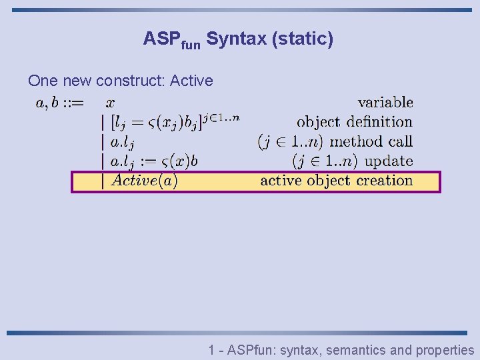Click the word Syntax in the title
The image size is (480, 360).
tap(236, 39)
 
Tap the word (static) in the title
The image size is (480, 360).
tap(303, 39)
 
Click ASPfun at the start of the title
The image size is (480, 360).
tap(172, 40)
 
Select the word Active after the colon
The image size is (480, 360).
tap(191, 81)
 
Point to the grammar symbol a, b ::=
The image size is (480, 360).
tap(59, 103)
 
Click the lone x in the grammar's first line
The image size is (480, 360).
tap(111, 103)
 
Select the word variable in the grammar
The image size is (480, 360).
tap(385, 102)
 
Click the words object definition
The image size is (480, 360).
tap(355, 121)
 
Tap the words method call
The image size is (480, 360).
tap(371, 141)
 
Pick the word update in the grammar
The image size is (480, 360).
tap(389, 161)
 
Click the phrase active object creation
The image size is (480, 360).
tap(336, 181)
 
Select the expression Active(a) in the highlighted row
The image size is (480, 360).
tap(144, 181)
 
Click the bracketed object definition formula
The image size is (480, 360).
tap(175, 121)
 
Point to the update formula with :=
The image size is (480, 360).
tap(155, 161)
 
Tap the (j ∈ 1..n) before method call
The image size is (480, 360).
tap(290, 141)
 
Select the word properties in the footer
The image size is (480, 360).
tap(445, 350)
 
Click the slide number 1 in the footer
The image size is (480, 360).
tap(211, 350)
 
